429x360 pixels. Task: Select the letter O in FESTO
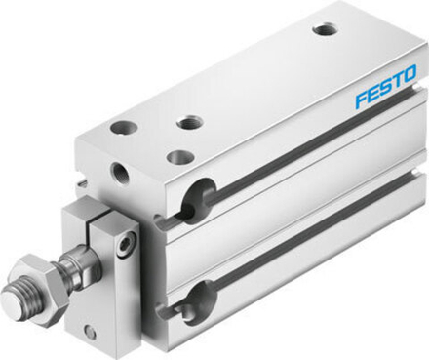[x=409, y=73]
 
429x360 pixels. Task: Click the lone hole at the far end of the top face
[x=325, y=29]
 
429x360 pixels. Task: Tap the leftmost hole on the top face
[x=124, y=127]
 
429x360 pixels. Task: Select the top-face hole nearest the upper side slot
[x=179, y=156]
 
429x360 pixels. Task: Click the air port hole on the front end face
[x=121, y=175]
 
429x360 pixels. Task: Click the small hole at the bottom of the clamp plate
[x=90, y=332]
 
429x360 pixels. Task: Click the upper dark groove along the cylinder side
[x=292, y=155]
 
